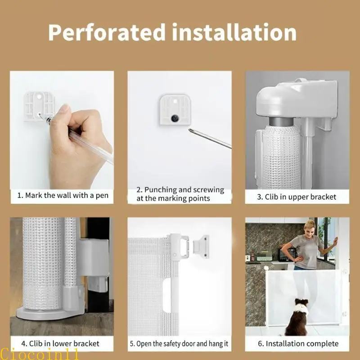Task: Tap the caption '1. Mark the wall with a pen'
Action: coord(63,195)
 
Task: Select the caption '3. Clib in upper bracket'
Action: coord(297,197)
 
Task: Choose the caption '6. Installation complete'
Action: coord(297,344)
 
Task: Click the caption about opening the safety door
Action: coord(179,344)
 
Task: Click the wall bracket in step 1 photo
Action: coord(39,105)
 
